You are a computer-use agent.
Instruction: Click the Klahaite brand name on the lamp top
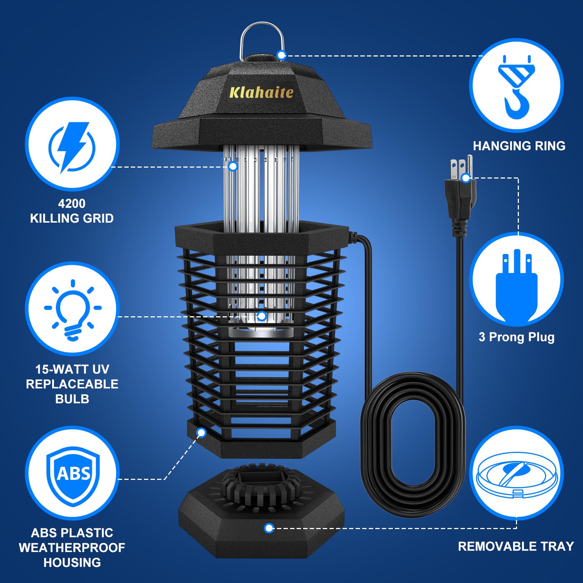point(261,93)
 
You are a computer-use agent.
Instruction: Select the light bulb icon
point(73,310)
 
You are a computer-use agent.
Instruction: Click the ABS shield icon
point(73,474)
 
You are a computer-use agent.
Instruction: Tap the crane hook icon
point(516,87)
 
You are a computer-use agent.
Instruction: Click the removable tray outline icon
point(516,476)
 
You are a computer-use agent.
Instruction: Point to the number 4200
point(72,203)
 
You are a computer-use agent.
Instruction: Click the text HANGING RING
point(519,146)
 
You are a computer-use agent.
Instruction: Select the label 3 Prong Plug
point(516,337)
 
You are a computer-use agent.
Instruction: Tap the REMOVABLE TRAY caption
point(516,546)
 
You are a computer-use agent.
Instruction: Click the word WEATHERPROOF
point(72,548)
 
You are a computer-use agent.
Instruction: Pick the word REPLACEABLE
point(72,384)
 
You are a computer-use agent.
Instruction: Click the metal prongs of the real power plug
point(461,166)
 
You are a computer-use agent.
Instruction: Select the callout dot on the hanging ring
point(281,55)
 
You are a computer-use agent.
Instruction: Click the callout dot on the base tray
point(269,528)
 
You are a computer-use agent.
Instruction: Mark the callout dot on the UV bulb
point(262,316)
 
